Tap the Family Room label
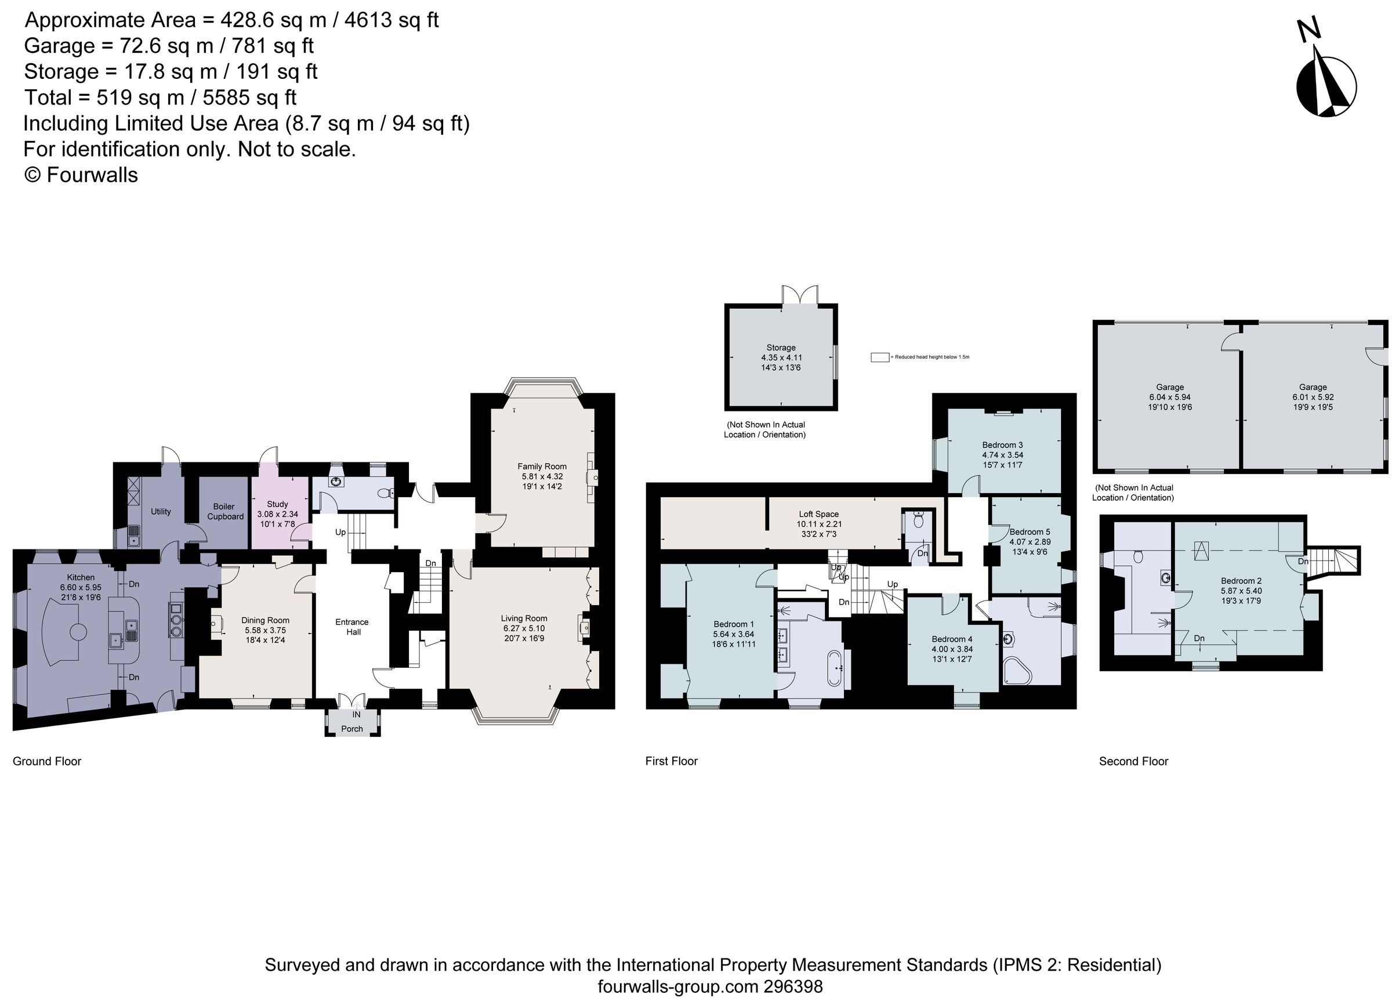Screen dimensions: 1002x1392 [x=541, y=466]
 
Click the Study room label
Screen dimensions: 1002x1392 [x=277, y=504]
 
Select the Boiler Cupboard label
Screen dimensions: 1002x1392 [x=224, y=511]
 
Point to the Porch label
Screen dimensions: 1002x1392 [x=351, y=729]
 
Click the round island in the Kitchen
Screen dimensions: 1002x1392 [x=78, y=632]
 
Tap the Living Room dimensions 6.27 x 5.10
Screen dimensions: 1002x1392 [x=524, y=629]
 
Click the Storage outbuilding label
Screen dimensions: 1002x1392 [x=781, y=348]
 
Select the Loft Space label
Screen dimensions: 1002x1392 [x=819, y=515]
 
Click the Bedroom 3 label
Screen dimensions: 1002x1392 [x=1002, y=445]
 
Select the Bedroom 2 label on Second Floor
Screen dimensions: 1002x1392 [x=1241, y=581]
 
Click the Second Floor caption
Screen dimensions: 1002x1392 [x=1133, y=761]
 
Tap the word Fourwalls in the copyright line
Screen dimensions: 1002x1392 [x=92, y=175]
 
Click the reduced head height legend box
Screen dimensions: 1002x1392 [x=879, y=357]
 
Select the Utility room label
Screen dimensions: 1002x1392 [x=161, y=511]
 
